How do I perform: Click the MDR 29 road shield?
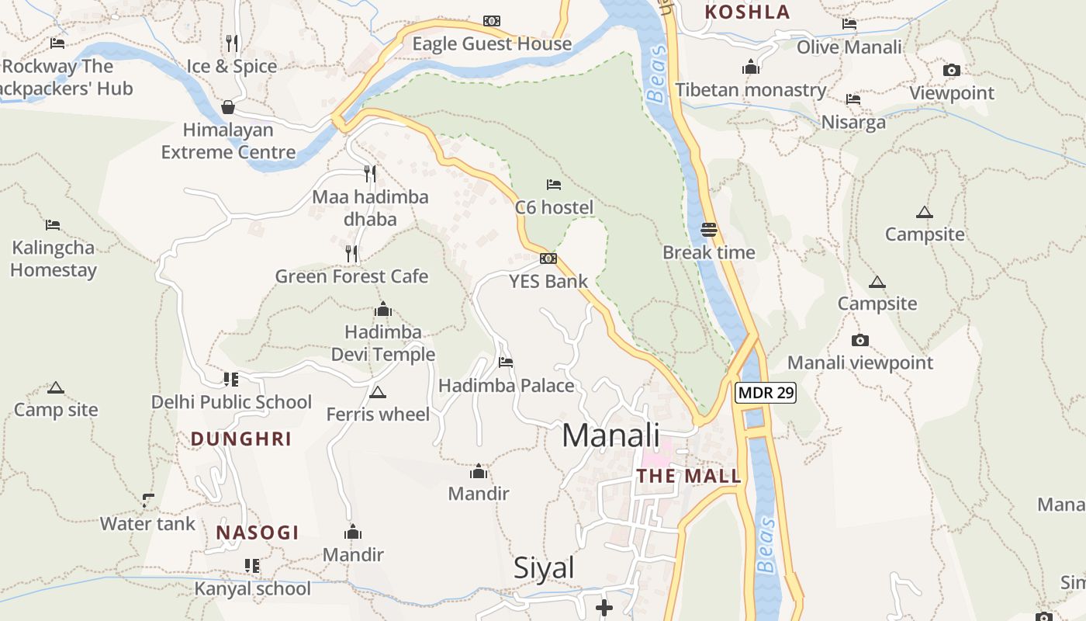click(x=766, y=393)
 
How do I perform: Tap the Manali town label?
click(x=610, y=435)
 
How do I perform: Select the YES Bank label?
click(x=548, y=281)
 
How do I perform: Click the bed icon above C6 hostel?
click(x=554, y=185)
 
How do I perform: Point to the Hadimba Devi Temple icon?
click(x=383, y=310)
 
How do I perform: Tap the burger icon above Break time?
click(x=709, y=230)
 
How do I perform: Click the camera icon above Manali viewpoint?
click(x=859, y=340)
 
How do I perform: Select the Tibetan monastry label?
click(x=750, y=90)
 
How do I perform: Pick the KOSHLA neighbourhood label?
click(x=747, y=12)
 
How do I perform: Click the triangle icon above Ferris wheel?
click(x=378, y=392)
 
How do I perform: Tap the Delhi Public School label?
click(x=231, y=402)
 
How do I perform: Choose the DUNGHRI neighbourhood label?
click(x=241, y=439)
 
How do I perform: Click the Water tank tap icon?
click(x=147, y=501)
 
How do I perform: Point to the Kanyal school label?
click(x=252, y=588)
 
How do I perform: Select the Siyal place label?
click(x=544, y=568)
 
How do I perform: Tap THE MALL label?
click(x=689, y=477)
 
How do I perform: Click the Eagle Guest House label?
click(x=492, y=44)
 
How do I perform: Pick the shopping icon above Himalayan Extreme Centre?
click(x=228, y=107)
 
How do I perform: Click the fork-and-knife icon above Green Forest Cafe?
click(x=351, y=253)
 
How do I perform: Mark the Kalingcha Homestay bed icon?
click(x=53, y=225)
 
